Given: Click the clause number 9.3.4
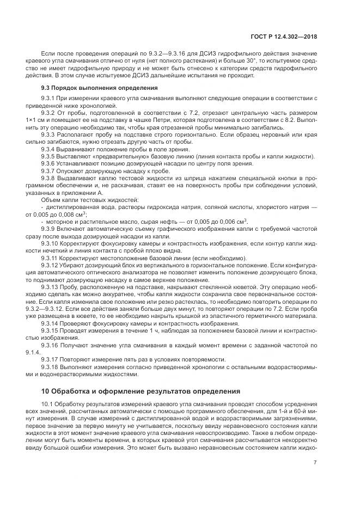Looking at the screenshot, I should pos(50,149).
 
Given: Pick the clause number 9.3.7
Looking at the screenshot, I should pos(50,170).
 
